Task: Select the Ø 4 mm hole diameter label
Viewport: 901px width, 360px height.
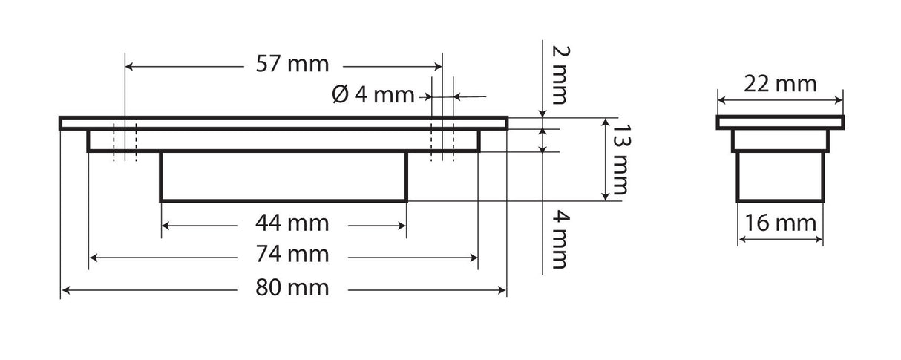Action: click(x=373, y=95)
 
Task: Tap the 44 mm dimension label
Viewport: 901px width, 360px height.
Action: click(x=292, y=223)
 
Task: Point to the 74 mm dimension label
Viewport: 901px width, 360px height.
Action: click(x=292, y=255)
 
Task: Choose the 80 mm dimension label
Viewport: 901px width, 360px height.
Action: click(x=292, y=288)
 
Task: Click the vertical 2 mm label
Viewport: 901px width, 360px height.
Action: click(x=558, y=74)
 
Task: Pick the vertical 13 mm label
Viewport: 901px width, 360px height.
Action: click(x=615, y=159)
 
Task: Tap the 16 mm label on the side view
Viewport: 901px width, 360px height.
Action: click(x=779, y=223)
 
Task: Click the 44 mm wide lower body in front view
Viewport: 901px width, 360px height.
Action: click(x=284, y=176)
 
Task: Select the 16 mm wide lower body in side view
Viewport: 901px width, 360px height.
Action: click(x=779, y=176)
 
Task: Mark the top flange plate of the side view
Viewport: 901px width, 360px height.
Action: click(x=779, y=122)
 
